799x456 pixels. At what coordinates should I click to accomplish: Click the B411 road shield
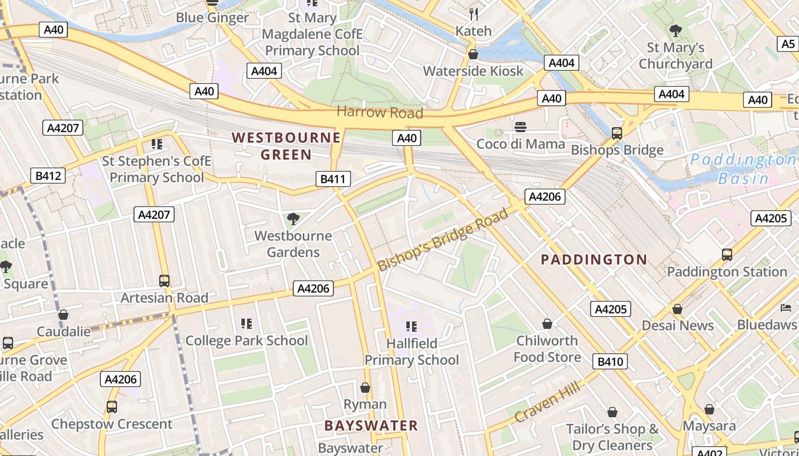pos(333,180)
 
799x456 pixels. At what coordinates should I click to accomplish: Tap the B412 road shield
pos(48,176)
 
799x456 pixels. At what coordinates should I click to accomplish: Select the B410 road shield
pos(610,361)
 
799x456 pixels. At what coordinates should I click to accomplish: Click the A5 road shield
pos(788,44)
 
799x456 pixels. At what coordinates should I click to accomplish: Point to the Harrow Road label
pos(380,112)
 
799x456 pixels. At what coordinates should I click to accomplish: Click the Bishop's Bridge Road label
pos(442,240)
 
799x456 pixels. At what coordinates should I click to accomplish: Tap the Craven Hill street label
pos(547,403)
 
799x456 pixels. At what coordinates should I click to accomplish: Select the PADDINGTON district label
pos(594,260)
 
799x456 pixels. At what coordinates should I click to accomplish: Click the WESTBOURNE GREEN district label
pos(286,146)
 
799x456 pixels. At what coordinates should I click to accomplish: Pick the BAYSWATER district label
pos(371,425)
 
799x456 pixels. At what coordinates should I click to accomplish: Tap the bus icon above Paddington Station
pos(727,254)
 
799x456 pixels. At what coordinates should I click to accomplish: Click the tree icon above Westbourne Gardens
pos(293,218)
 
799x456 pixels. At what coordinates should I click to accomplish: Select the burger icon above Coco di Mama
pos(520,127)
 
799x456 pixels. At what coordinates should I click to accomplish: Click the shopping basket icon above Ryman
pos(365,388)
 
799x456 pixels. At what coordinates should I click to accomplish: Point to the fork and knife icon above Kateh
pos(473,14)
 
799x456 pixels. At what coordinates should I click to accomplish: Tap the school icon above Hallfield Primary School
pos(411,326)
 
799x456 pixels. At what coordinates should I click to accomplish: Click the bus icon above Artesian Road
pos(164,280)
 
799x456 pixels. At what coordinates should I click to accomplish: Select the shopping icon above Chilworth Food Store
pos(547,324)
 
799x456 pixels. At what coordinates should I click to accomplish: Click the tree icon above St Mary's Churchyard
pos(675,30)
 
